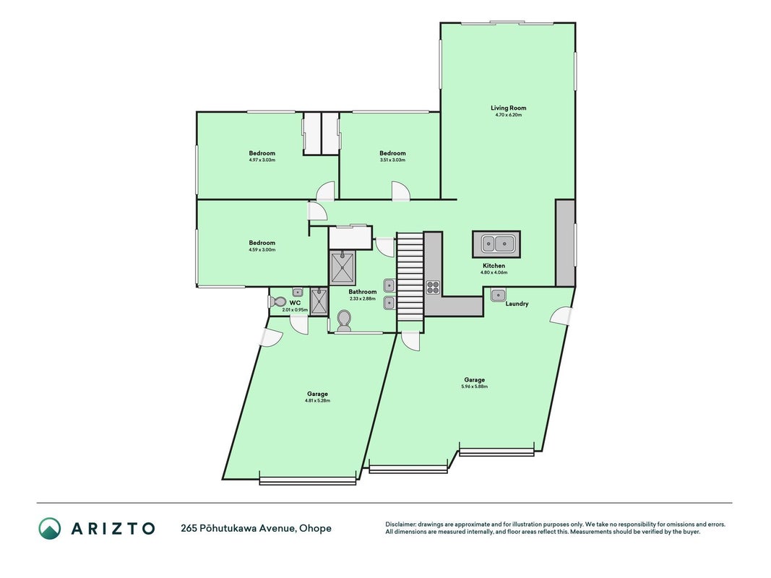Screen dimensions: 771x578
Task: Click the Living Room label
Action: pos(509,108)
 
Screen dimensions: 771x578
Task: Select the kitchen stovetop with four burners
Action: pos(433,287)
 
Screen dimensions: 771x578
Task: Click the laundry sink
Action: pos(498,295)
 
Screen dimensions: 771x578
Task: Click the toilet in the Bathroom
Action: pos(344,321)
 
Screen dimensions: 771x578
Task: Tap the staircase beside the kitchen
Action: pos(410,277)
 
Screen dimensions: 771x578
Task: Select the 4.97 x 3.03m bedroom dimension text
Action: pos(262,160)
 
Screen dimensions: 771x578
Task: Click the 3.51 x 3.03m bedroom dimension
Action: pos(392,160)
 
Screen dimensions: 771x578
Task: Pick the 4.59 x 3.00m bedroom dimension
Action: pos(262,250)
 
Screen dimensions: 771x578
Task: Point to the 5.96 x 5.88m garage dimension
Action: pos(475,387)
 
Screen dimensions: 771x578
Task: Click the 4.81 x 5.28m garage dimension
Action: pos(318,400)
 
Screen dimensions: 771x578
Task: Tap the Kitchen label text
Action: pos(494,266)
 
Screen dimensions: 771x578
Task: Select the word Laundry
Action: pos(517,303)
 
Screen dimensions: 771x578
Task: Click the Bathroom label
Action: pos(363,292)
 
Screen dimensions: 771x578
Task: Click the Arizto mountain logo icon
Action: pos(50,528)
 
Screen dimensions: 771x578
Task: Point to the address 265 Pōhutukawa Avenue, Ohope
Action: pos(257,528)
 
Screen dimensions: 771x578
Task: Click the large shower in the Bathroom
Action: pos(343,267)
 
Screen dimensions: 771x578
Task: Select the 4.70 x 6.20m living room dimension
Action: pos(509,115)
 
